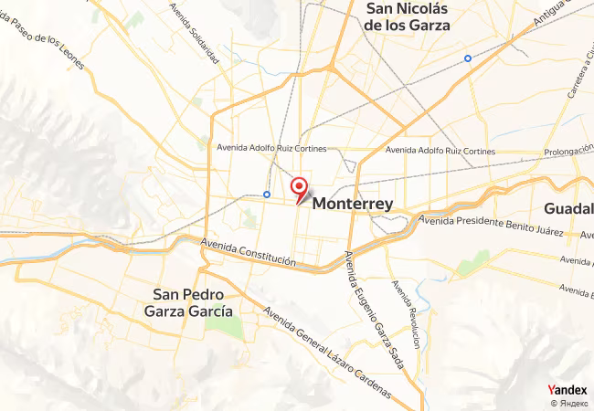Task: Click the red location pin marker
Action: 299,188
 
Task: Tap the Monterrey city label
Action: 353,205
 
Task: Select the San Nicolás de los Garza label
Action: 407,17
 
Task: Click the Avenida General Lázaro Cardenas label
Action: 326,353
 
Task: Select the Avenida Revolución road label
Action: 406,313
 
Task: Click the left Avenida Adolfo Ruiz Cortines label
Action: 271,146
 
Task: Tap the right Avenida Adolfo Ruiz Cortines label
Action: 440,151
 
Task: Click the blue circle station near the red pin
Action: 266,194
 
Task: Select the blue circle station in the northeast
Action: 468,58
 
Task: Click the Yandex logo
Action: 567,389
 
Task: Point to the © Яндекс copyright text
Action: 568,403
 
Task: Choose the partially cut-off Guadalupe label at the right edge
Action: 568,207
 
